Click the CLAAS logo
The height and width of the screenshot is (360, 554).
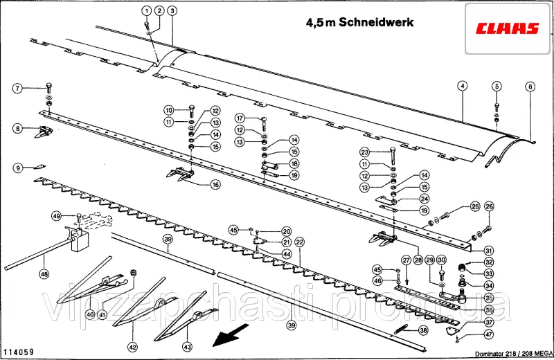[507, 28]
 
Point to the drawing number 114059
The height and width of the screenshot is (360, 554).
[19, 352]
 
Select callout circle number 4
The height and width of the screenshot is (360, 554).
[462, 87]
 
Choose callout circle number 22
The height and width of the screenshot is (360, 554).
[299, 242]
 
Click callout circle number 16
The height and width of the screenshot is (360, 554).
[215, 185]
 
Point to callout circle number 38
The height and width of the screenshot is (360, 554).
[423, 331]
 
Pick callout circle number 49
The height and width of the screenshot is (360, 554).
[57, 217]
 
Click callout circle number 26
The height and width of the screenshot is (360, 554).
[489, 207]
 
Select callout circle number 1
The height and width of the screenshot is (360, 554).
[146, 10]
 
